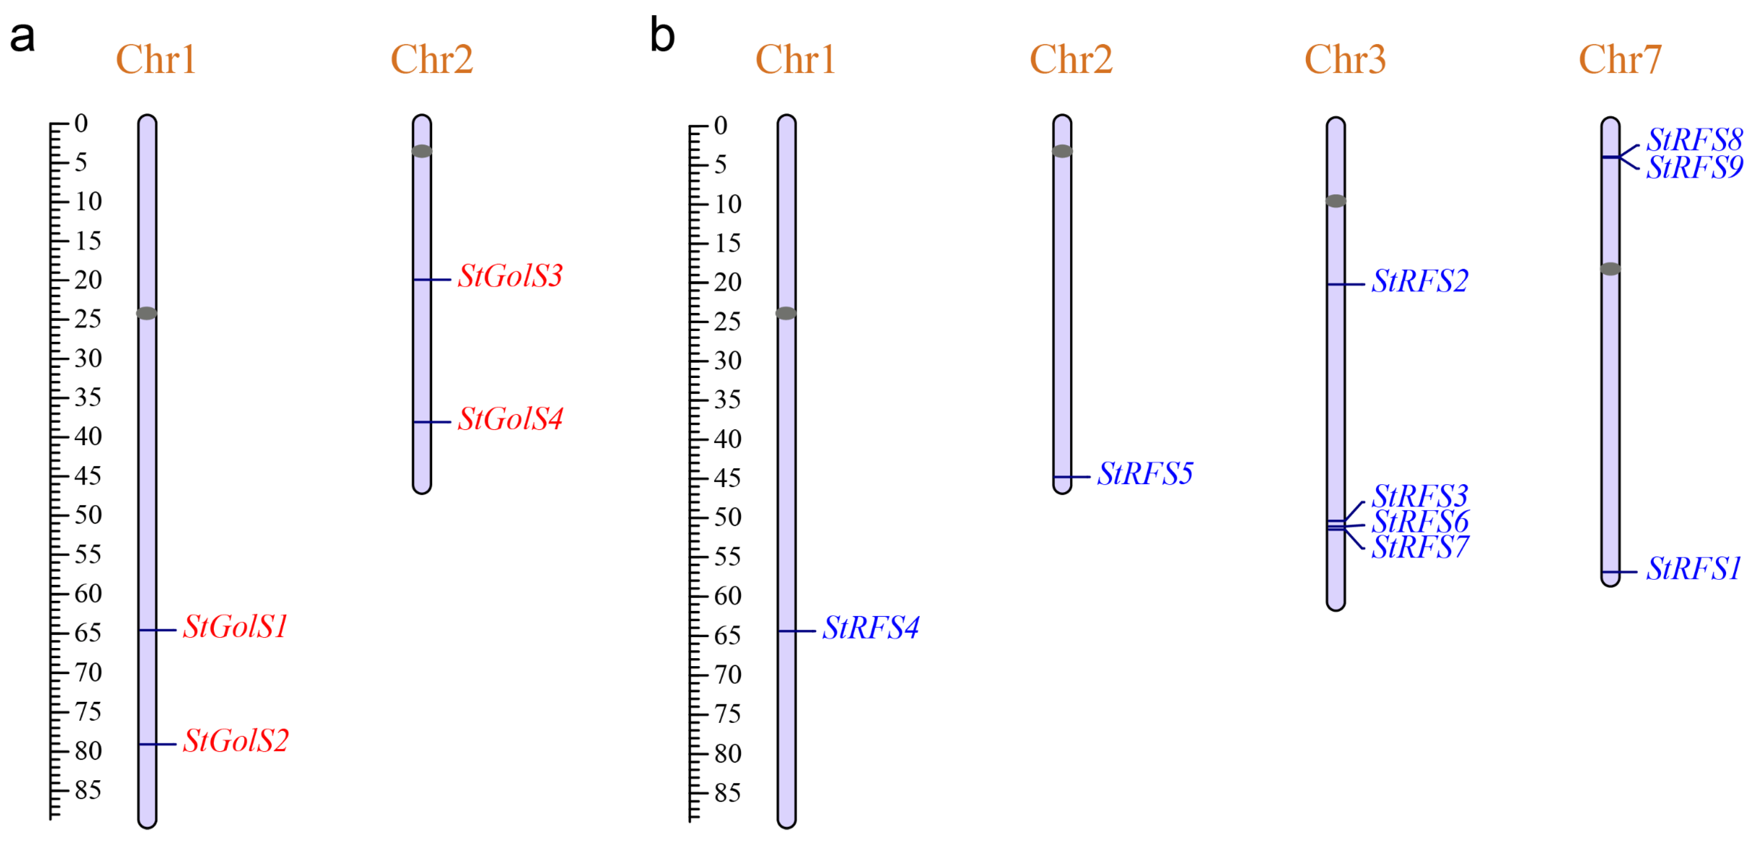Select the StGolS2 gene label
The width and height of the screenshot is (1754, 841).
pos(236,740)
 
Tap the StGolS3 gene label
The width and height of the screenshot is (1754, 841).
pos(510,276)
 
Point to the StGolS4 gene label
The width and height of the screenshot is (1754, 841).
pos(510,419)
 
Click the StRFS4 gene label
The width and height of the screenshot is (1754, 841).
pos(871,627)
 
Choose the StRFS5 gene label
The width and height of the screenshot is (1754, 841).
pos(1145,473)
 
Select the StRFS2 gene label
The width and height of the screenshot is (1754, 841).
pos(1420,281)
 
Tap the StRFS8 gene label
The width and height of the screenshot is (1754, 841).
pos(1694,140)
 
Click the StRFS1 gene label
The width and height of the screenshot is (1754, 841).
pos(1693,568)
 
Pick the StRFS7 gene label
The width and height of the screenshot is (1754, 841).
pos(1420,547)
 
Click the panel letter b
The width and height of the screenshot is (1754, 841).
pos(662,36)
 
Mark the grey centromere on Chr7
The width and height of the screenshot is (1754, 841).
pos(1610,269)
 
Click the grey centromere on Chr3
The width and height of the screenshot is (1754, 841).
pos(1336,201)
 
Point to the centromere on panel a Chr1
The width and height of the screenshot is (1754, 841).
pos(147,313)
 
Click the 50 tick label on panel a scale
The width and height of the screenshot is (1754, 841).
pos(88,514)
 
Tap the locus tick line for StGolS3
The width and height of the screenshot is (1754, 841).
pos(432,280)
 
